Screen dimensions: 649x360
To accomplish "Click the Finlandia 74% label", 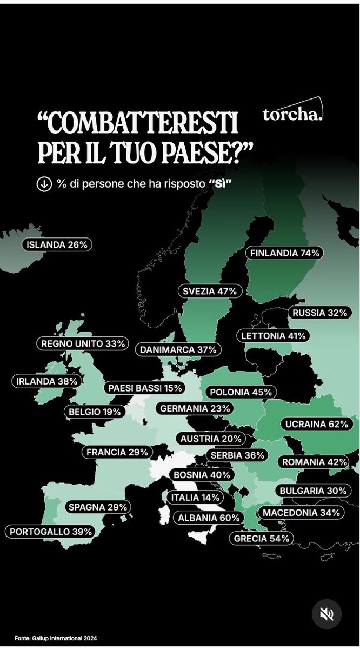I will click(284, 253).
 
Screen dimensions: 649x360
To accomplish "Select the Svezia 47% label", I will click(210, 291).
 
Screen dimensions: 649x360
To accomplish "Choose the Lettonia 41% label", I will click(273, 336).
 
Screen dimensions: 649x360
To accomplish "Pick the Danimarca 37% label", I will click(178, 350).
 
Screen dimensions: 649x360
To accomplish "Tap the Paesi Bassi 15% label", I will click(145, 388).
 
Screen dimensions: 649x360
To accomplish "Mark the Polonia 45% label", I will click(241, 392).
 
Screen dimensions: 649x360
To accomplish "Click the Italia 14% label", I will click(195, 497).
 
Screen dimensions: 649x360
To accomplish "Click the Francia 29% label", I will click(117, 452).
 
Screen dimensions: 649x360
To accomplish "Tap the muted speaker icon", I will click(327, 614).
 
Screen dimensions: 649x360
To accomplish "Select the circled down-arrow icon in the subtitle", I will click(43, 184).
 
